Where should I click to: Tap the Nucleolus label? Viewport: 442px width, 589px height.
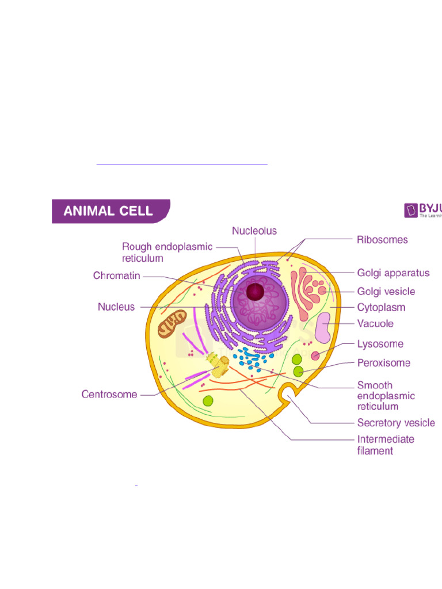click(x=254, y=231)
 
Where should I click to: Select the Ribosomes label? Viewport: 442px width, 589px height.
click(x=382, y=239)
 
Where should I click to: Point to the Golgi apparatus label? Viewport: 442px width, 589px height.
click(x=393, y=273)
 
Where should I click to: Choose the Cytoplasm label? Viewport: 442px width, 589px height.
click(x=381, y=307)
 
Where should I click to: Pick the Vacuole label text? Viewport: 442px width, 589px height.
click(x=375, y=323)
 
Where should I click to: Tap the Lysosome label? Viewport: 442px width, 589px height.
click(x=380, y=344)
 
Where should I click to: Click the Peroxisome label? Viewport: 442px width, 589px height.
click(x=384, y=363)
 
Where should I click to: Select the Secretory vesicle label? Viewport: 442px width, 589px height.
click(x=396, y=423)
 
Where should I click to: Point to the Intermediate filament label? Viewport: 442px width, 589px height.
click(x=386, y=445)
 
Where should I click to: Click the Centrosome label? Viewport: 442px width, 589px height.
click(x=109, y=395)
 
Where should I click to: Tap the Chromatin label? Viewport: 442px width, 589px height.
click(x=117, y=276)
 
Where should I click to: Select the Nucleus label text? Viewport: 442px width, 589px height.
click(x=116, y=307)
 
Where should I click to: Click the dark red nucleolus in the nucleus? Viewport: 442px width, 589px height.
click(x=255, y=292)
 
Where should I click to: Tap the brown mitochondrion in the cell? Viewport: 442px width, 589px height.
click(x=173, y=323)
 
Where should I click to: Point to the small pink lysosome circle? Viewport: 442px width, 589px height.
click(x=315, y=355)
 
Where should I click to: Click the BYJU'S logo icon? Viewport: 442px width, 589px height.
click(x=411, y=210)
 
